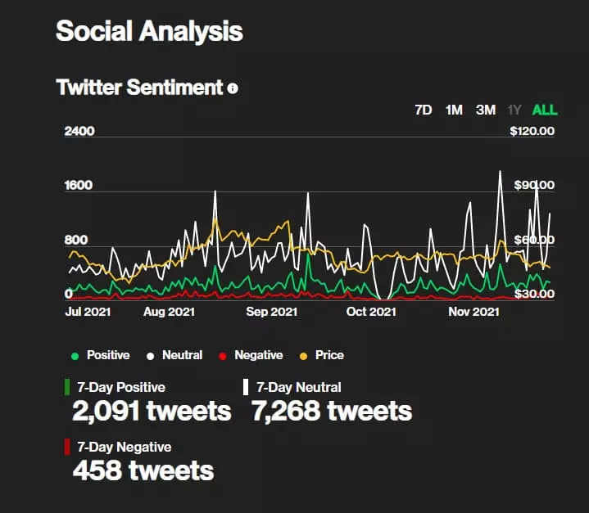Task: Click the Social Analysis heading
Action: point(149,31)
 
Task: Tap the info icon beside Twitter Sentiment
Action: point(233,88)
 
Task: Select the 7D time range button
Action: point(424,110)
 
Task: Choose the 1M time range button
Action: point(454,110)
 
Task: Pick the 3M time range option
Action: point(486,110)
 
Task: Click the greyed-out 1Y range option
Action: point(514,110)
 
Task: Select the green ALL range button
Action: point(545,110)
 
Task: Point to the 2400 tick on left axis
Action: point(79,131)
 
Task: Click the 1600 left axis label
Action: point(79,185)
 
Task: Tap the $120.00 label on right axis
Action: point(532,131)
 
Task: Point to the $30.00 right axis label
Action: point(533,294)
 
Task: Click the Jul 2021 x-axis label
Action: point(88,312)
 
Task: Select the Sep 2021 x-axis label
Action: point(271,312)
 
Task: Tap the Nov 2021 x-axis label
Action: point(473,312)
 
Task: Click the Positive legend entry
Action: point(101,355)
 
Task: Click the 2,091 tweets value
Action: point(152,410)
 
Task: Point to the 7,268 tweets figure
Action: point(332,410)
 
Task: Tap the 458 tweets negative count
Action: point(143,470)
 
